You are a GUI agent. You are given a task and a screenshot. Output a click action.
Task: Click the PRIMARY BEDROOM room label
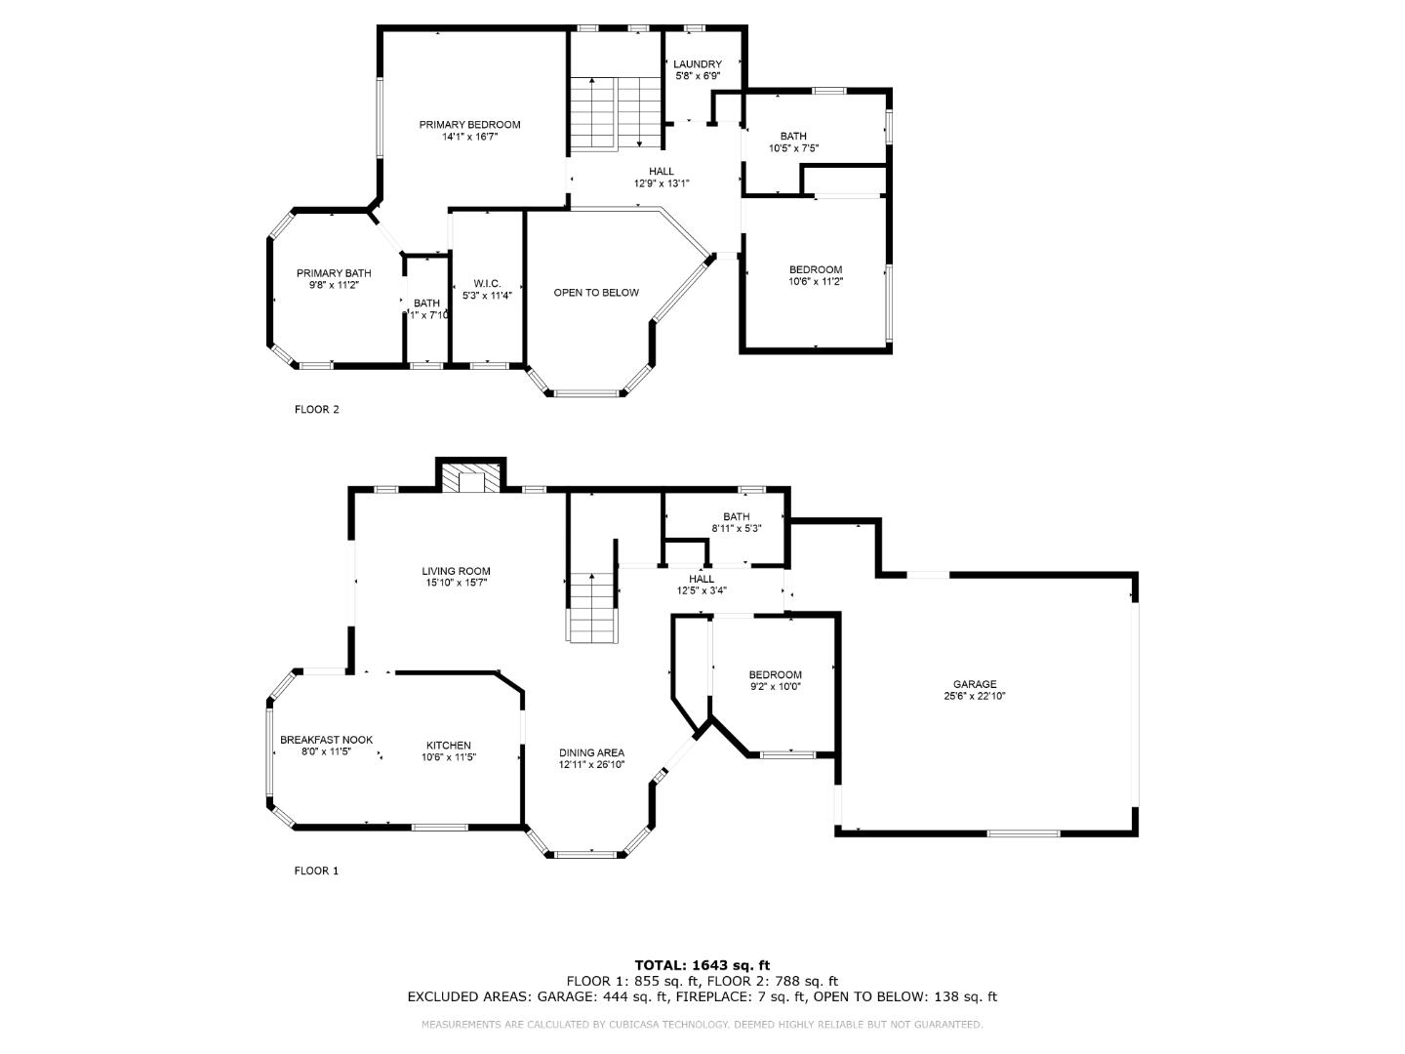469,125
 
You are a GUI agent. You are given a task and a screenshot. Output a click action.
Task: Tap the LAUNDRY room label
697,64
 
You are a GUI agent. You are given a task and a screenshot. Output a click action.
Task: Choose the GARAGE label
974,684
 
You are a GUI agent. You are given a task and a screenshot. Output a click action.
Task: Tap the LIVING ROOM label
456,571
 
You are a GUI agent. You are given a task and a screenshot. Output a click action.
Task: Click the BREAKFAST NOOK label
326,740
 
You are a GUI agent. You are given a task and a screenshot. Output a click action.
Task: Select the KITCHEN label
448,746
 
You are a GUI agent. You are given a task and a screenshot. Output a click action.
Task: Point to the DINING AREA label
591,752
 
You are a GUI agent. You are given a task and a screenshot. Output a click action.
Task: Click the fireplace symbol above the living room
470,478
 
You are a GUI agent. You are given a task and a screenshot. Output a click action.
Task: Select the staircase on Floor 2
615,112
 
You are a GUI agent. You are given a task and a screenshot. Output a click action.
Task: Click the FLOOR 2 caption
316,410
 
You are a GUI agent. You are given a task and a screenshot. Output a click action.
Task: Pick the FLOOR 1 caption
316,871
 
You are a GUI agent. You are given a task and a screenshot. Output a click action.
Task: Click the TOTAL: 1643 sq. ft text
702,965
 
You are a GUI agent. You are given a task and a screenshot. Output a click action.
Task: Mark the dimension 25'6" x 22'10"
974,697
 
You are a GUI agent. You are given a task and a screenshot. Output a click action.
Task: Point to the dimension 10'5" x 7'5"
793,149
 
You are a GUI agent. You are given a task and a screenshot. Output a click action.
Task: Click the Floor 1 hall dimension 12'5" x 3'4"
702,590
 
